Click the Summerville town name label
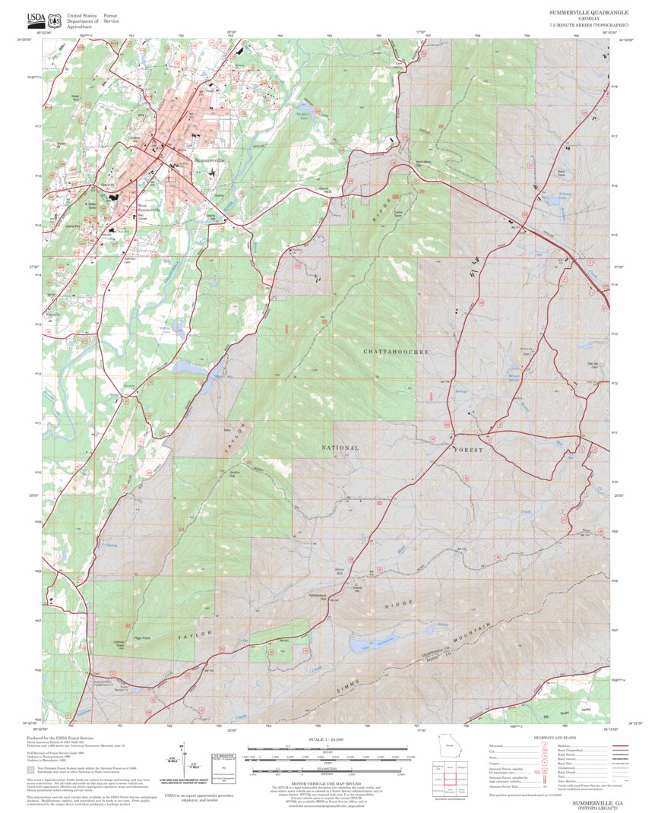coord(209,160)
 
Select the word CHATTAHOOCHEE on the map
coord(396,353)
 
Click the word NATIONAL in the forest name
coord(340,448)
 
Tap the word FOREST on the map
coord(467,450)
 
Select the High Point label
coord(143,637)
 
